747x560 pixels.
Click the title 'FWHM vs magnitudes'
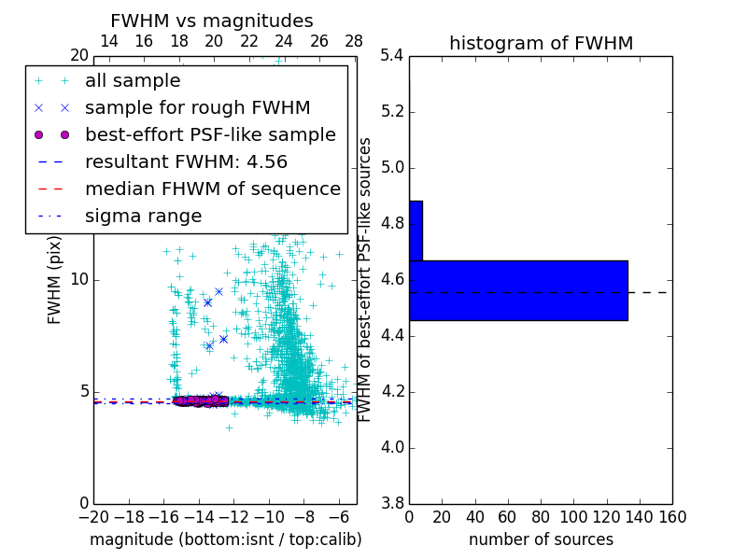pos(212,21)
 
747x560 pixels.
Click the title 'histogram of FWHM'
pos(541,43)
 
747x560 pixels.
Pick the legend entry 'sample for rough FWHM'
pos(197,107)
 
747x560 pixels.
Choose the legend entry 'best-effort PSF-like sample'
pos(210,134)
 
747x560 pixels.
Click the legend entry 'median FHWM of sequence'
pos(212,189)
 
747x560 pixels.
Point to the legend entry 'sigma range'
pos(143,216)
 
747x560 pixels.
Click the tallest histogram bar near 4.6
pos(518,290)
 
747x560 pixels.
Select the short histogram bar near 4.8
pos(416,231)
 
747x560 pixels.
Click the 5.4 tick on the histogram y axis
pos(391,56)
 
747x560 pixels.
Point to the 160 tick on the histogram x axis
pos(672,517)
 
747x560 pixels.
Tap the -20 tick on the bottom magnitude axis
pos(93,517)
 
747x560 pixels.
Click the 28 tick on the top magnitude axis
pos(354,42)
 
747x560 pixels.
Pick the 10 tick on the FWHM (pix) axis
pos(79,280)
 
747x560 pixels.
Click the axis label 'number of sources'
pos(541,539)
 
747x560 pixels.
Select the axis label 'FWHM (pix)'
pos(55,279)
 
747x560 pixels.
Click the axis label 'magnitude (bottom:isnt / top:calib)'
pos(225,539)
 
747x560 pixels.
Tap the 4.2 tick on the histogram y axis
pos(391,391)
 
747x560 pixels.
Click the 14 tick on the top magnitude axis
pos(108,42)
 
